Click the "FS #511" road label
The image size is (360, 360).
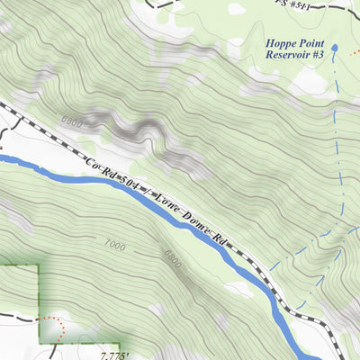[x=293, y=4]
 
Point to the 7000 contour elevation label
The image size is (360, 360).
[x=115, y=244]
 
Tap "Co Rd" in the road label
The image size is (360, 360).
[x=96, y=165]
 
